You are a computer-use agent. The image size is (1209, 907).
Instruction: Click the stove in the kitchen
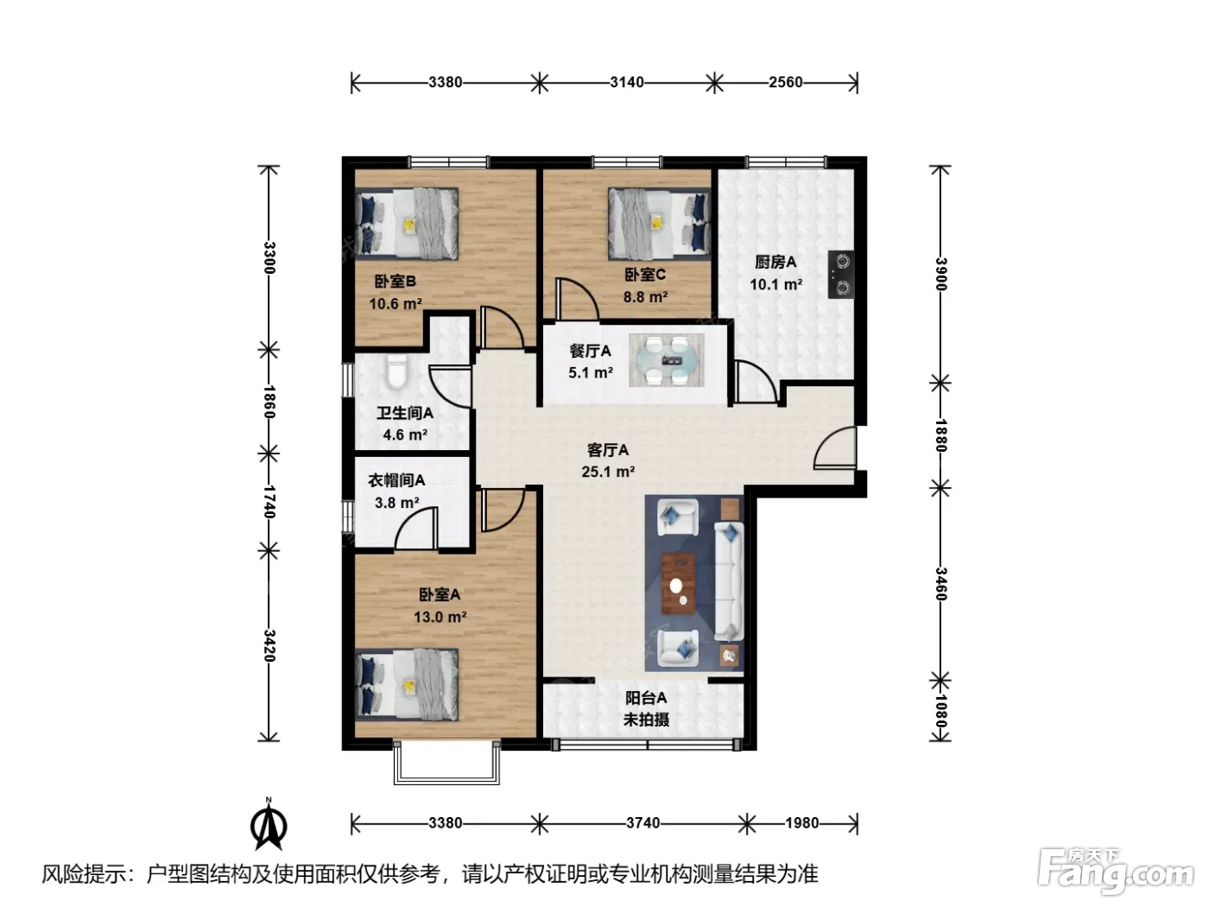pyautogui.click(x=840, y=274)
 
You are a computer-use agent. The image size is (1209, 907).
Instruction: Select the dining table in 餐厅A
pyautogui.click(x=667, y=360)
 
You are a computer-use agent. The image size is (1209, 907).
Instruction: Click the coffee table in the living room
pyautogui.click(x=678, y=583)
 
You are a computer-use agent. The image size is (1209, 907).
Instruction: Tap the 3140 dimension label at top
pyautogui.click(x=627, y=82)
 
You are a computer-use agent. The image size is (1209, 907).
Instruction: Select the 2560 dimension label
pyautogui.click(x=786, y=82)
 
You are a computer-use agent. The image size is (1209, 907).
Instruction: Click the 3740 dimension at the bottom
pyautogui.click(x=642, y=822)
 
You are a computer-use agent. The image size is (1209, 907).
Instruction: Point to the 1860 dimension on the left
pyautogui.click(x=269, y=402)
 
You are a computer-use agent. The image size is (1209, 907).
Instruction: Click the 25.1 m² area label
pyautogui.click(x=608, y=472)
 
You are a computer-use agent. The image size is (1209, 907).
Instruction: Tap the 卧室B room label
pyautogui.click(x=395, y=282)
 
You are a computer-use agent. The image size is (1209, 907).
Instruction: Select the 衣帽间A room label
pyautogui.click(x=396, y=480)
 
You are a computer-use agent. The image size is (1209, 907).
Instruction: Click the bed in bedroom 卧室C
pyautogui.click(x=659, y=224)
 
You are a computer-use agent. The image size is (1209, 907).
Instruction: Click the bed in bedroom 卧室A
pyautogui.click(x=407, y=684)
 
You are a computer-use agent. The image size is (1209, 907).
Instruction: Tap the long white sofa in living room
pyautogui.click(x=729, y=581)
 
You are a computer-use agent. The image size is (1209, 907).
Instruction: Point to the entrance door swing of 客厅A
pyautogui.click(x=835, y=447)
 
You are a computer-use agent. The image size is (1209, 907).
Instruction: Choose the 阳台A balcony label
pyautogui.click(x=646, y=698)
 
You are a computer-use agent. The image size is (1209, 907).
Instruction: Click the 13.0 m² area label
pyautogui.click(x=440, y=617)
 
